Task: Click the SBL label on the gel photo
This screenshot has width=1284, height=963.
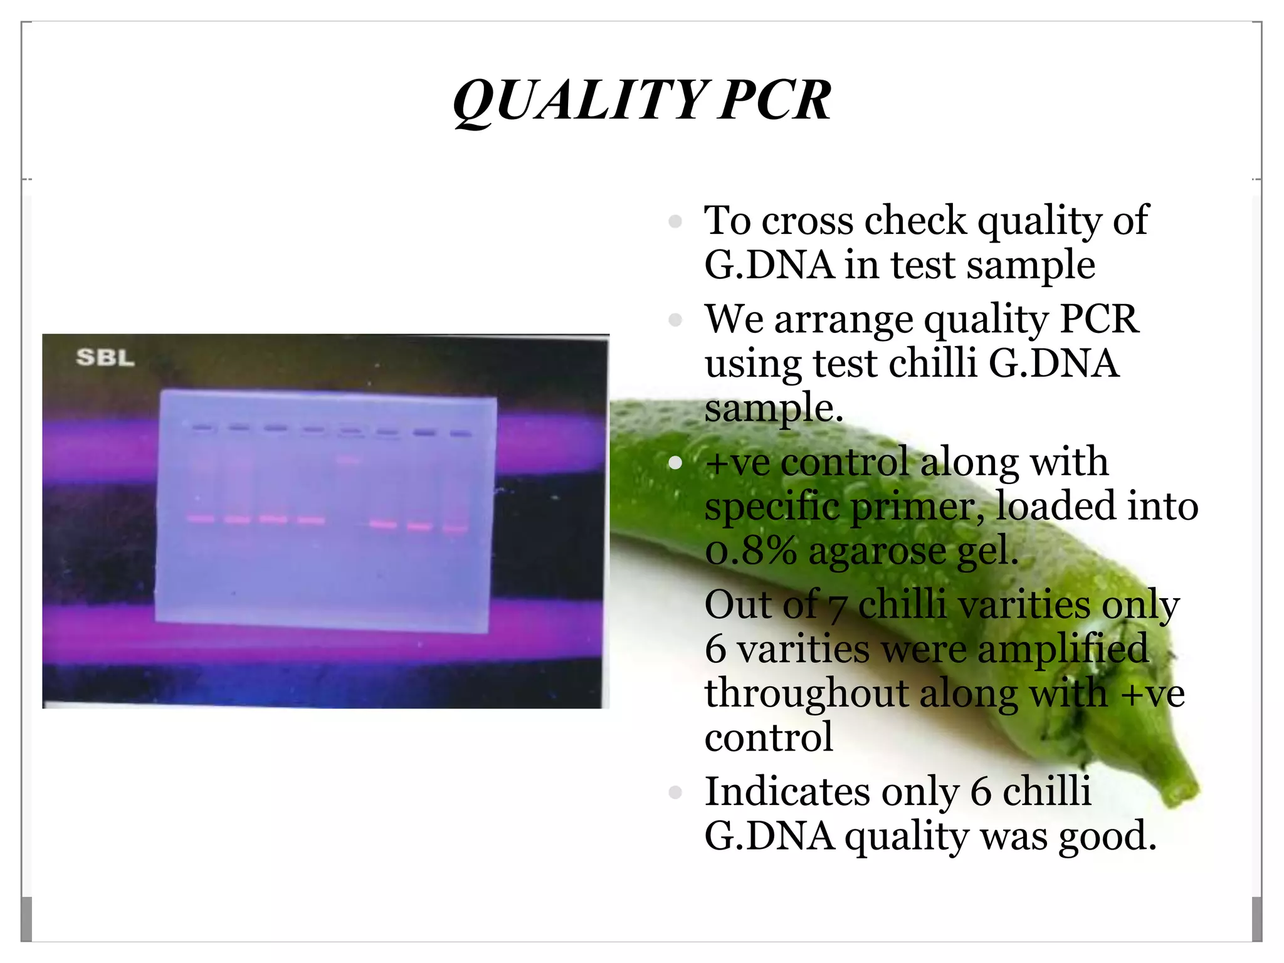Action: [x=105, y=357]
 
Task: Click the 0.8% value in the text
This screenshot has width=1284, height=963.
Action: [x=751, y=551]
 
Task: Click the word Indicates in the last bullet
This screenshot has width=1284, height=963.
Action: [x=787, y=791]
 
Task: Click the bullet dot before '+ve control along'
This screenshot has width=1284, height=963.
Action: [x=675, y=463]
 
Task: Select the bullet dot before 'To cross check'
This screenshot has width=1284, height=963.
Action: [x=675, y=221]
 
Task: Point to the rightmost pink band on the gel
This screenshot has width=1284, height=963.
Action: [x=456, y=529]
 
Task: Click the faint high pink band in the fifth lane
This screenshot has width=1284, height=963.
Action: [x=349, y=460]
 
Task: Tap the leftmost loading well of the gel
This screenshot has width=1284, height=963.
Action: [x=203, y=428]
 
